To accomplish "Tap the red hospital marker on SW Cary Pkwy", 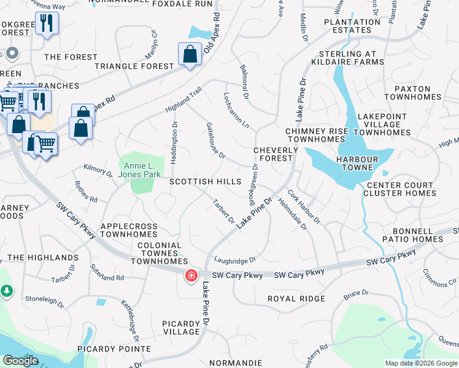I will [x=192, y=276].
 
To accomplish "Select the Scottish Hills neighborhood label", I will [x=206, y=182].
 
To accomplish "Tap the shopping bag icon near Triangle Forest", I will [x=190, y=54].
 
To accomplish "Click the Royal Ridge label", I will [x=296, y=299].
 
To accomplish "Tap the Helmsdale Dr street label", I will [x=292, y=214].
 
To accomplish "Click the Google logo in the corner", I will [x=20, y=361].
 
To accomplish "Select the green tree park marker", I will [x=7, y=290].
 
